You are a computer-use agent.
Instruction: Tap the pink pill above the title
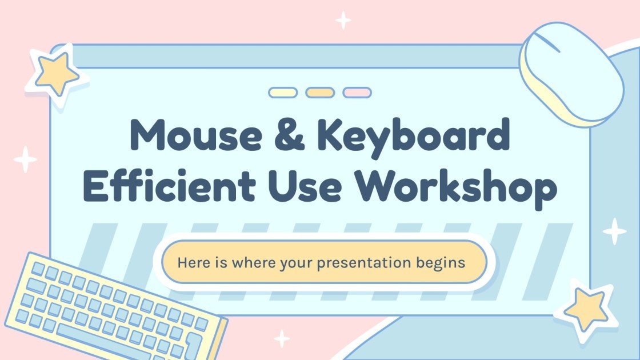point(357,93)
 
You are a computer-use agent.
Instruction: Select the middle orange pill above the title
point(320,93)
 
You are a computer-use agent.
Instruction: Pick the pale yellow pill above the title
point(283,93)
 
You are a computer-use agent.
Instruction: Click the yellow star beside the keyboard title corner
point(55,74)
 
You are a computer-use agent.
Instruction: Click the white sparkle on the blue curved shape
point(615,231)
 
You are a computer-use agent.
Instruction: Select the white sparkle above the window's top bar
point(343,20)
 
